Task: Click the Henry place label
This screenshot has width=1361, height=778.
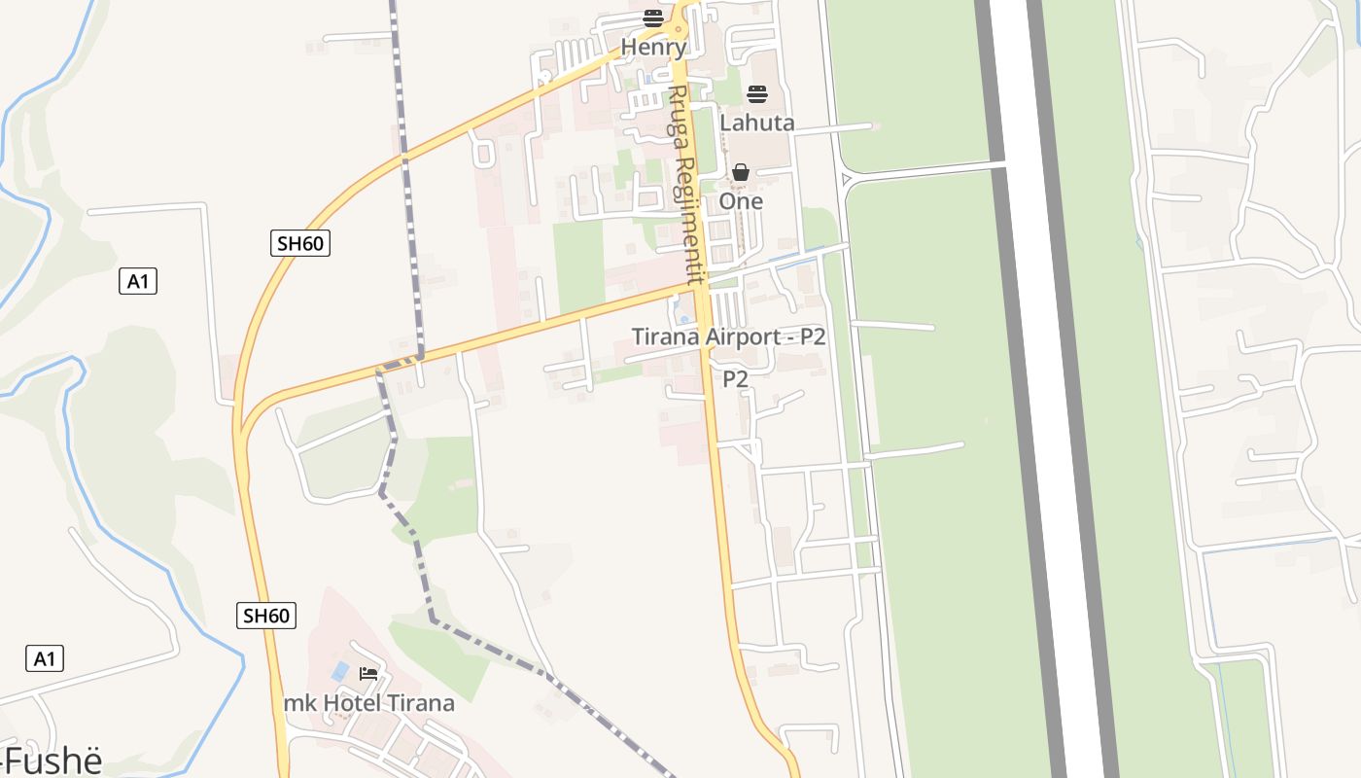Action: (653, 47)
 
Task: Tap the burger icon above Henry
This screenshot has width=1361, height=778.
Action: (653, 18)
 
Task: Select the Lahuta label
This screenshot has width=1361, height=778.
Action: (757, 123)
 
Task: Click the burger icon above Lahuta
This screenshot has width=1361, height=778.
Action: (757, 94)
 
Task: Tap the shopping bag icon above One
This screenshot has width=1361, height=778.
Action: (741, 173)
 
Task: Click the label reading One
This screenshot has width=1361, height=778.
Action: (741, 201)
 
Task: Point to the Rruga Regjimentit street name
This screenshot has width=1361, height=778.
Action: (684, 185)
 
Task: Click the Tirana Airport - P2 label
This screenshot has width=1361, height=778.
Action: (728, 337)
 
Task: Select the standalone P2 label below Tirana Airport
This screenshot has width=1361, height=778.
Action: (735, 379)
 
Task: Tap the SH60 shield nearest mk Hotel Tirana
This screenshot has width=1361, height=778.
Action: (266, 616)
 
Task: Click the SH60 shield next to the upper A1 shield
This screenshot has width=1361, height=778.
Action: (300, 243)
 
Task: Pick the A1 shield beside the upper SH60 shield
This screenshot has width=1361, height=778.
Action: (138, 282)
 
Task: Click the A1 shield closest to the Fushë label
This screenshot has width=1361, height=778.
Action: (45, 658)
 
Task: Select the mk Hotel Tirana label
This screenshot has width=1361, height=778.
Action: (368, 703)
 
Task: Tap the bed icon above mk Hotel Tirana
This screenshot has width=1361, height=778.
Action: (367, 673)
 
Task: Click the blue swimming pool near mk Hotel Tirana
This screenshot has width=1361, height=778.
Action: (340, 670)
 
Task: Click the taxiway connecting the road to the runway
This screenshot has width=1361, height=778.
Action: (924, 171)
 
